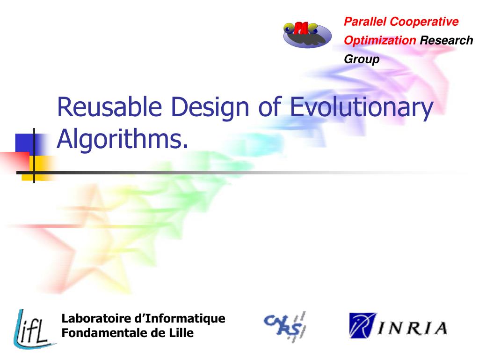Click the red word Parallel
[365, 22]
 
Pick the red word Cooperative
[424, 22]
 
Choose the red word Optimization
[380, 40]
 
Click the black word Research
[446, 40]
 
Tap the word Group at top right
[362, 60]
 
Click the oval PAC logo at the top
[307, 34]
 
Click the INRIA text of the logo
[413, 327]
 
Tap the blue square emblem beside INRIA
[363, 325]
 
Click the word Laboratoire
[96, 319]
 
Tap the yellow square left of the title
[38, 165]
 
